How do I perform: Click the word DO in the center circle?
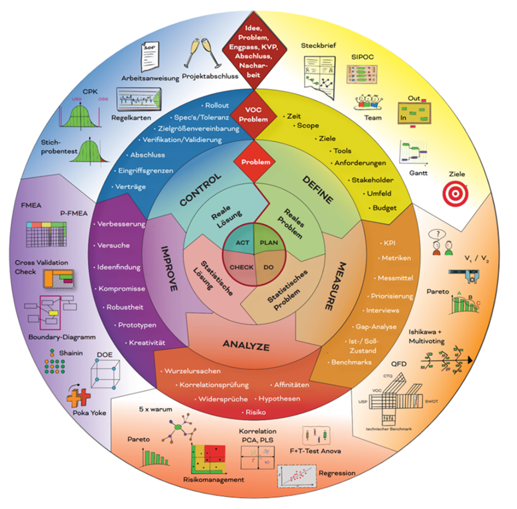coord(269,267)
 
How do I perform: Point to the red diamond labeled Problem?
coord(256,162)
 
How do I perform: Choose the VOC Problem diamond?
coord(253,115)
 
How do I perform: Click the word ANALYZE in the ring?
coord(246,345)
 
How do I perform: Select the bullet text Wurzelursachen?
coord(192,371)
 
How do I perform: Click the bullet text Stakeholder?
coord(372,180)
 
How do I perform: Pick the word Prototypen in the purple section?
coord(137,325)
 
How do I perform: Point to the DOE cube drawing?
coord(105,375)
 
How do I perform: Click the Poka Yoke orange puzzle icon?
coord(79,397)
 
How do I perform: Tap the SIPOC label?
coord(362,57)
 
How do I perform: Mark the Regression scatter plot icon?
coord(297,475)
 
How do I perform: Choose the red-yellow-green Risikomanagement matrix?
coord(208,460)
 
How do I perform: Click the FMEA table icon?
coord(46,234)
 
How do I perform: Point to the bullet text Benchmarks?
coord(351,362)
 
